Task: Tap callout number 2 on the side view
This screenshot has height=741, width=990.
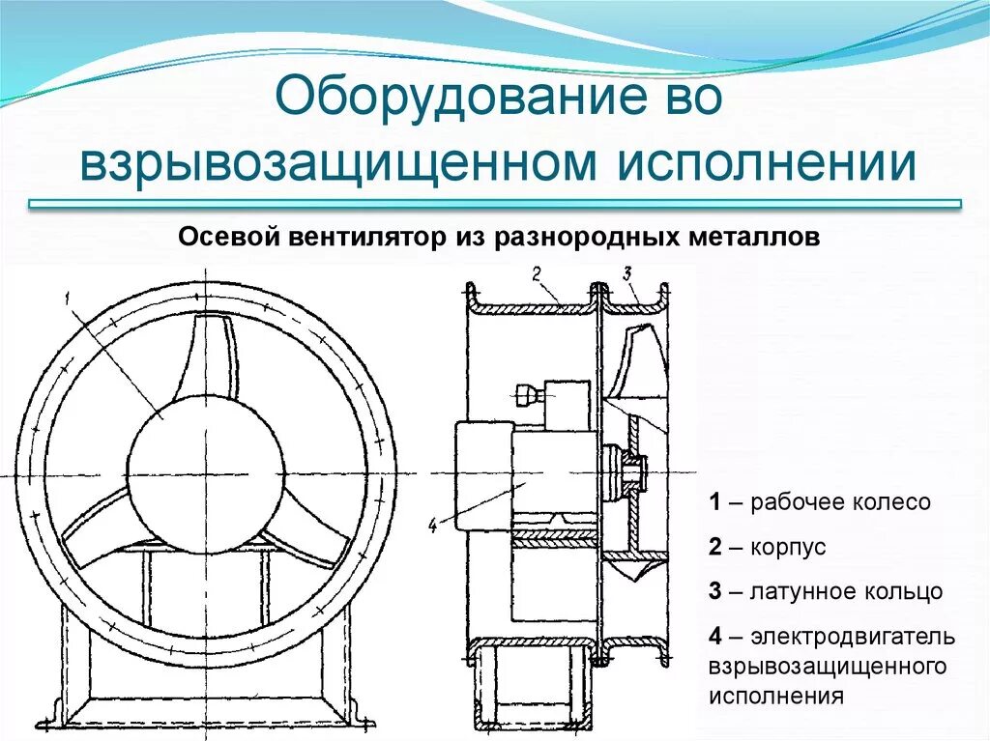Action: (x=537, y=273)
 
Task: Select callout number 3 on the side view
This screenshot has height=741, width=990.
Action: (x=626, y=273)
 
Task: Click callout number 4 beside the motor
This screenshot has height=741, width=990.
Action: (x=432, y=527)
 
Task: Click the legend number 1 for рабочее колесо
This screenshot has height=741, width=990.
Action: (x=714, y=502)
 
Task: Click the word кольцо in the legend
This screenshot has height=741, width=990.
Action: (x=904, y=592)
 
